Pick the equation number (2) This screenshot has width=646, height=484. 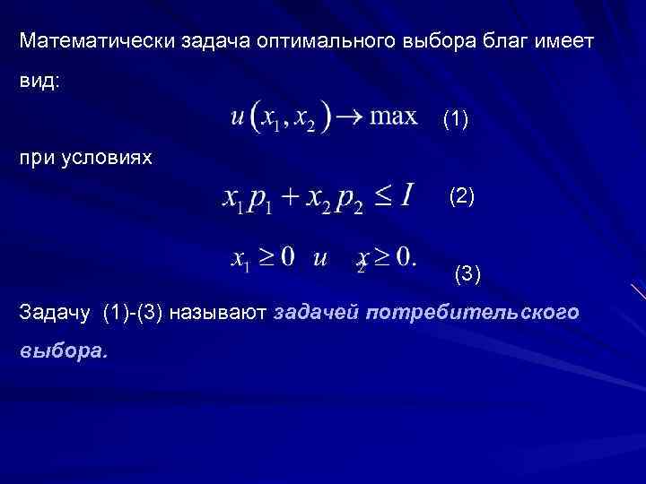click(x=462, y=196)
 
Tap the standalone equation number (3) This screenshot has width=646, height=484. click(x=467, y=274)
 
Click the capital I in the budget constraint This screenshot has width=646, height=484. click(x=406, y=194)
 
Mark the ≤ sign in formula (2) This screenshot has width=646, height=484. click(x=382, y=196)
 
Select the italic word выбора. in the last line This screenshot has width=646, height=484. click(x=62, y=351)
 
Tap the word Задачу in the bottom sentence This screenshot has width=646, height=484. click(x=57, y=313)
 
